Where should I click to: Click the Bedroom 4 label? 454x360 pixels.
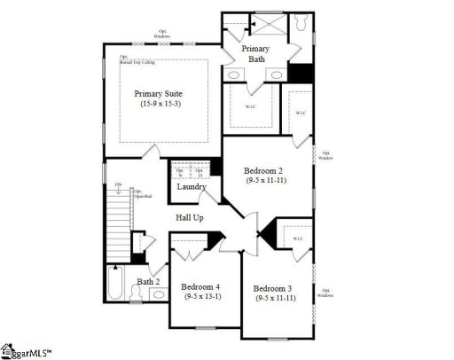pyautogui.click(x=201, y=287)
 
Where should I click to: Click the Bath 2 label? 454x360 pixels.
pyautogui.click(x=148, y=282)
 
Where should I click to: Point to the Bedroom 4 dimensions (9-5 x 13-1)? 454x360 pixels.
pyautogui.click(x=201, y=298)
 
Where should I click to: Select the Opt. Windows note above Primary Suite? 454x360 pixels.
pyautogui.click(x=161, y=34)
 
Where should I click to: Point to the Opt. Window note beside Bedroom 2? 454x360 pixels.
pyautogui.click(x=326, y=154)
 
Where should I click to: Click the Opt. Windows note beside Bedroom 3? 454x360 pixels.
pyautogui.click(x=327, y=292)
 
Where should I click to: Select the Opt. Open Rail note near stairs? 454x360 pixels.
pyautogui.click(x=140, y=192)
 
